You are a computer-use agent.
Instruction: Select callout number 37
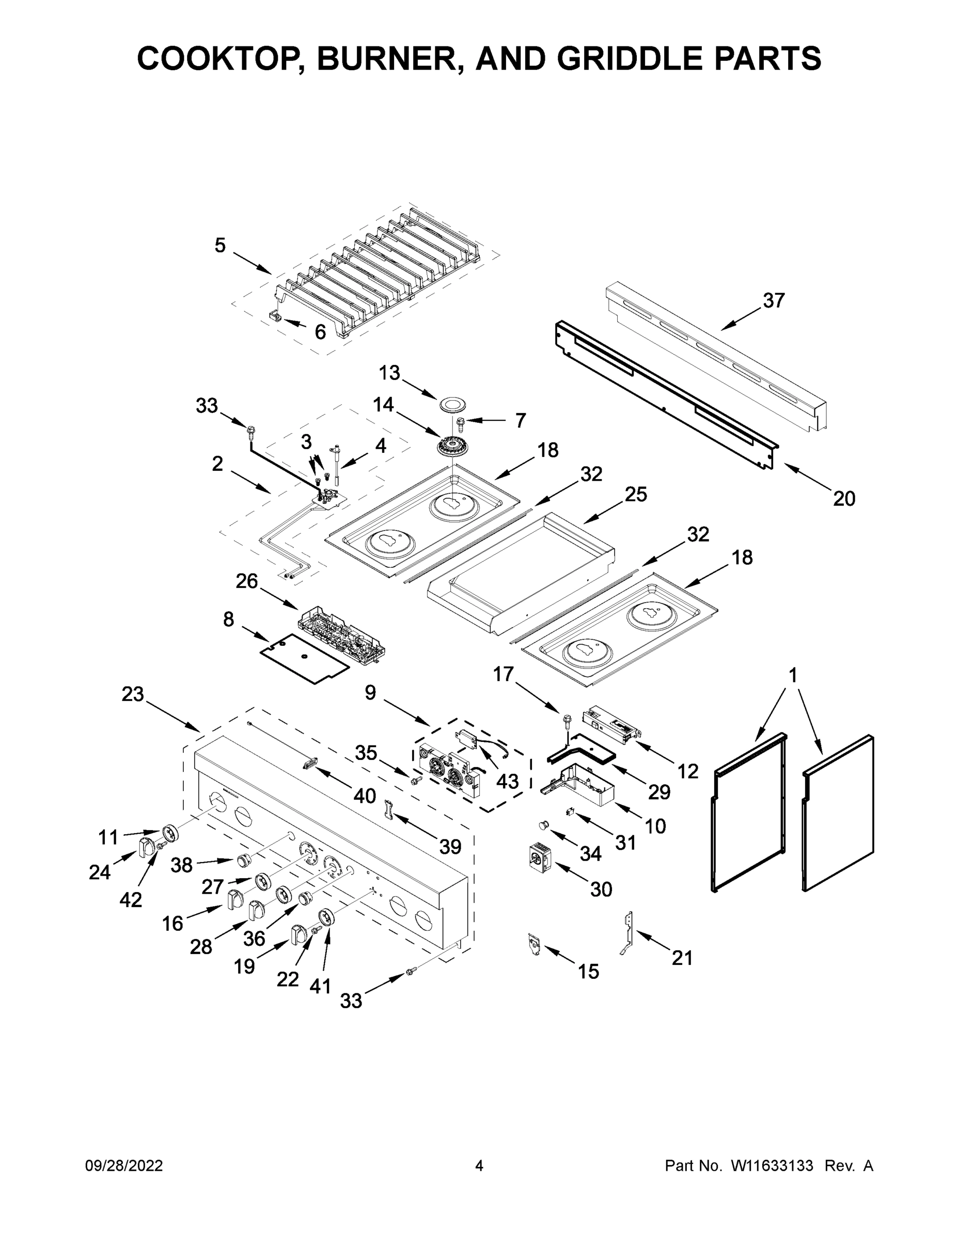774,300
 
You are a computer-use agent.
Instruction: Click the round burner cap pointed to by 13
452,405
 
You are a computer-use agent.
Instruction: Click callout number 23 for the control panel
133,694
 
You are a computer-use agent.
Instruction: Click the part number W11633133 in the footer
772,1166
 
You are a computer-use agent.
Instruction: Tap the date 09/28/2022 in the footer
124,1166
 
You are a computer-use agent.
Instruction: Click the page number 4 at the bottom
479,1166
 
